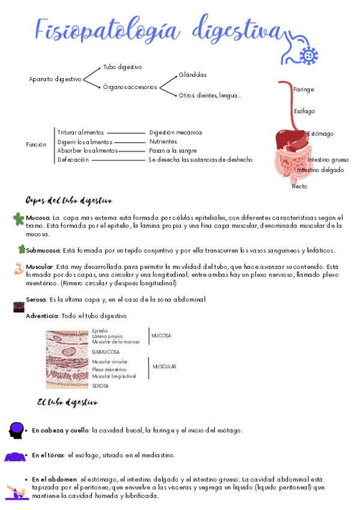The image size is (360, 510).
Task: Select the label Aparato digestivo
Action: (x=55, y=79)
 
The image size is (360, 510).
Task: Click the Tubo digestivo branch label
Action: (x=123, y=67)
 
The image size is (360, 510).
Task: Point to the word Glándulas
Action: (x=192, y=75)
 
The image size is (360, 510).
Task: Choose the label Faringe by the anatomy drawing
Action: (x=304, y=90)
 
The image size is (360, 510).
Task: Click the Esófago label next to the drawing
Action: (x=304, y=111)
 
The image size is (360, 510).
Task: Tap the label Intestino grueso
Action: (x=328, y=159)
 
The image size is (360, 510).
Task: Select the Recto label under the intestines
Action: (x=299, y=186)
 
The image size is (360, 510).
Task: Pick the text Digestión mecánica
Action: (x=175, y=132)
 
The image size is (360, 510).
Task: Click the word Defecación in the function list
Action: (x=73, y=159)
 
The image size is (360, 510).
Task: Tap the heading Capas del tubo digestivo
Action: (x=69, y=200)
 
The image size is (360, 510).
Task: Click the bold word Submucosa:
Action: (x=43, y=250)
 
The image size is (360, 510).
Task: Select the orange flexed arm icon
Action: (x=19, y=268)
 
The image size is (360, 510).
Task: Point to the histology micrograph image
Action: (x=68, y=358)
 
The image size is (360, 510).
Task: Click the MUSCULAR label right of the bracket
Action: (x=164, y=366)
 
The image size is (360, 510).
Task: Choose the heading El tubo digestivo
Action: (x=67, y=402)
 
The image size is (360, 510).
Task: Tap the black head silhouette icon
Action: (x=17, y=430)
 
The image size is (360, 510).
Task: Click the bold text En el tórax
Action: (x=49, y=455)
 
